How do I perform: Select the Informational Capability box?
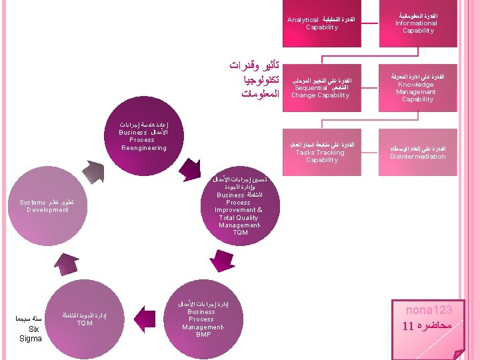[x=418, y=23]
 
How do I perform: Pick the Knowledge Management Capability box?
[x=418, y=87]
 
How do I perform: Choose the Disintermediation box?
[x=418, y=153]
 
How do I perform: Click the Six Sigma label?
[x=31, y=330]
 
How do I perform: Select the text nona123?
[x=429, y=311]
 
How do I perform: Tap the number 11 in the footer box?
[x=408, y=327]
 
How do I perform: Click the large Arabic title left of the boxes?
[x=252, y=81]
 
